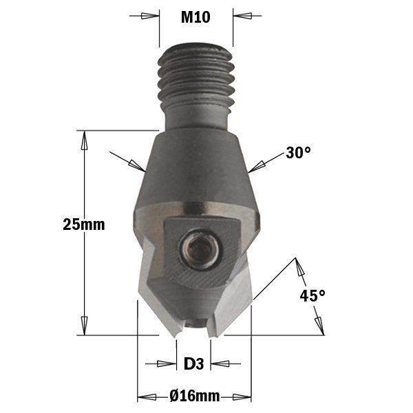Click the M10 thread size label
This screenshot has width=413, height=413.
click(x=195, y=17)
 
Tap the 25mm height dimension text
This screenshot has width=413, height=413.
click(x=84, y=224)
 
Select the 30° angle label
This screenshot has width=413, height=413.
click(x=298, y=153)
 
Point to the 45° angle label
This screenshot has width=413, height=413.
click(x=313, y=295)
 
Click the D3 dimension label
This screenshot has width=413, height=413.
click(x=193, y=363)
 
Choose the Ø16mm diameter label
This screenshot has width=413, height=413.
click(x=194, y=396)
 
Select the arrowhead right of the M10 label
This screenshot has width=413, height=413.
click(x=242, y=16)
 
